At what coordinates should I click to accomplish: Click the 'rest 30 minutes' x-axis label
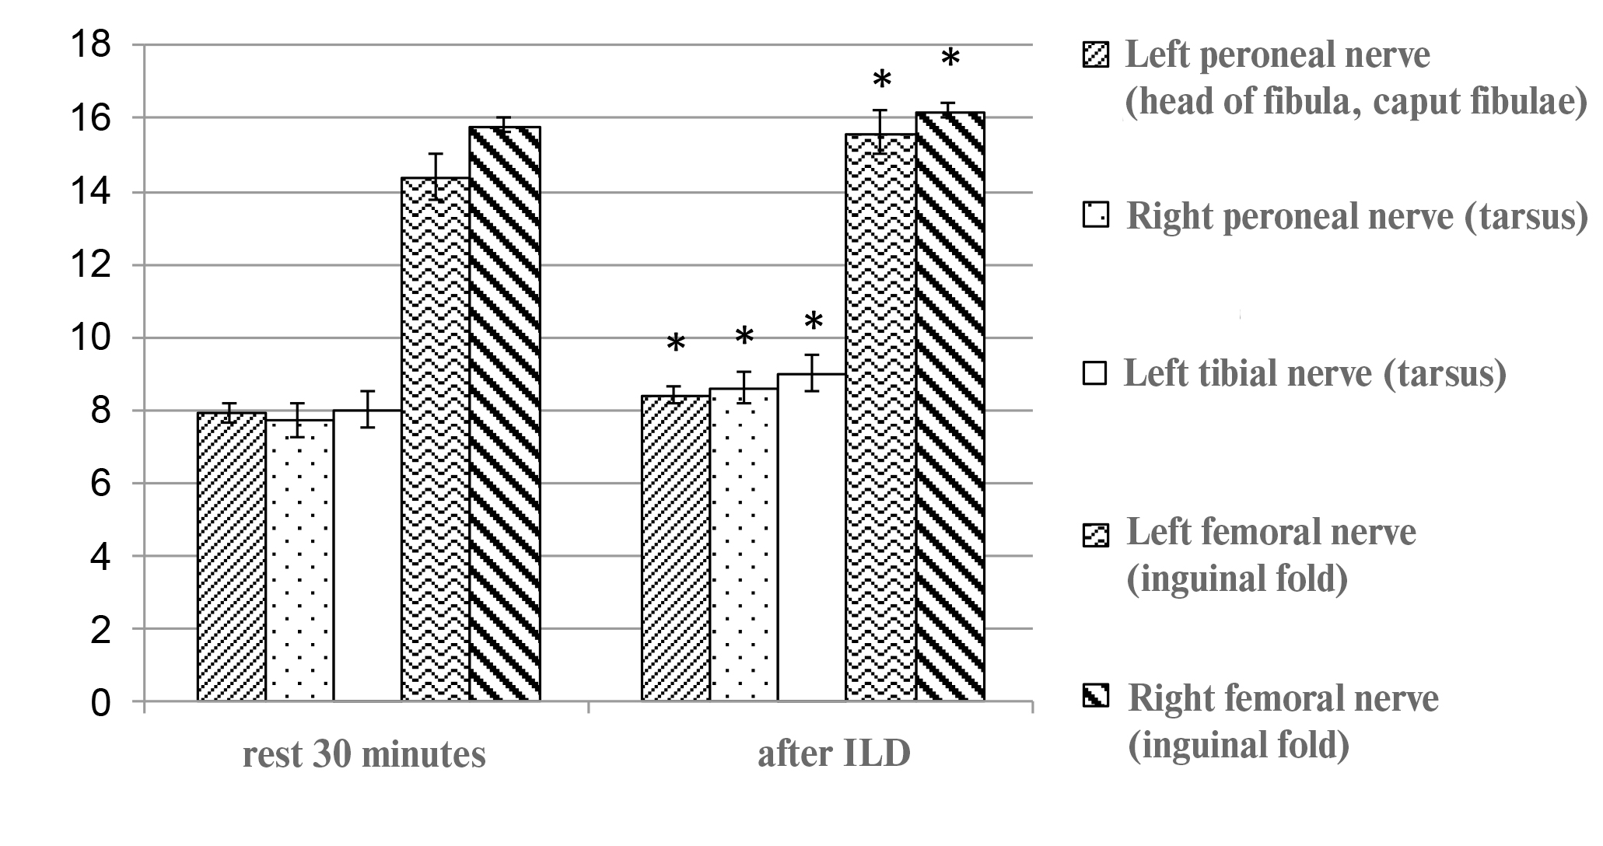pos(364,755)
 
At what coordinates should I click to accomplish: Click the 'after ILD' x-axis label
pos(834,755)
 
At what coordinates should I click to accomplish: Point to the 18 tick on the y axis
pos(91,45)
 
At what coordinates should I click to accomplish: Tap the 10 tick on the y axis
pos(91,337)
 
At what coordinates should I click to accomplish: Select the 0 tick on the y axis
pos(100,703)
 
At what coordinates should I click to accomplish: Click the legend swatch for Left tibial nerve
pos(1094,374)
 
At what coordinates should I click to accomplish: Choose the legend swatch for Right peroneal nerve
pos(1094,215)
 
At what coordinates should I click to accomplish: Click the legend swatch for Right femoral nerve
pos(1094,696)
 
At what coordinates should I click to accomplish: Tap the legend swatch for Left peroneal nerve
pos(1094,57)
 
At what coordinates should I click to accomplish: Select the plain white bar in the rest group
pos(367,555)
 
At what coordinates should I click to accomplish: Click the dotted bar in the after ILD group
pos(744,544)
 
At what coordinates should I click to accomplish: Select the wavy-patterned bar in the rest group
pos(436,439)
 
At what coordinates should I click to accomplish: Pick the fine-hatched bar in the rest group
pos(232,557)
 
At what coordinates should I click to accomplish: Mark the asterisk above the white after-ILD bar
pos(813,321)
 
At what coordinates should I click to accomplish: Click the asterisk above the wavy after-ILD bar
pos(881,79)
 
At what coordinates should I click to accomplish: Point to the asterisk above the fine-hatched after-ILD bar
pos(676,342)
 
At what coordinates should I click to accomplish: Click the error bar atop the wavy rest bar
pos(436,177)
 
